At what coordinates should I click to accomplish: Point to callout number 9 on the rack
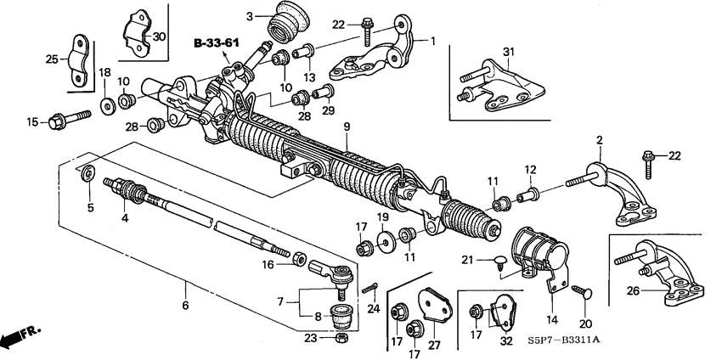pyautogui.click(x=347, y=127)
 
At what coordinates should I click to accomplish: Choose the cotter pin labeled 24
pyautogui.click(x=369, y=288)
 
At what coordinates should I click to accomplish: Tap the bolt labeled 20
pyautogui.click(x=584, y=293)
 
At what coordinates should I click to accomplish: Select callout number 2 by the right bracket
pyautogui.click(x=598, y=140)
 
